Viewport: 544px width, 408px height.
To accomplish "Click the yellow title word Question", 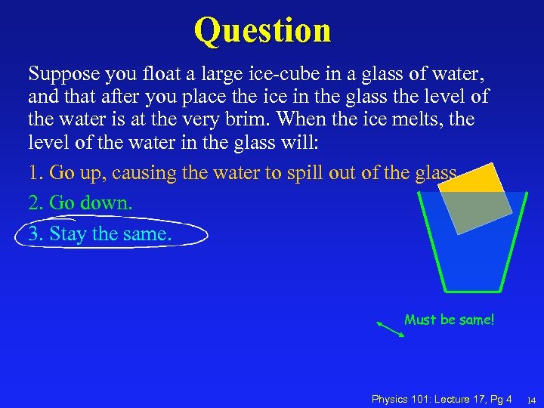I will point(262,30).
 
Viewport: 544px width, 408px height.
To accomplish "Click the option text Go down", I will point(91,203).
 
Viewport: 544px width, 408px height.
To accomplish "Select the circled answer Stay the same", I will point(110,234).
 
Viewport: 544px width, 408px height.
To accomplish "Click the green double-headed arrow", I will point(390,329).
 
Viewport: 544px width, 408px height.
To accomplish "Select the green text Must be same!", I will point(449,320).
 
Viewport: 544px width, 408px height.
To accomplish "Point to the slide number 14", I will point(531,400).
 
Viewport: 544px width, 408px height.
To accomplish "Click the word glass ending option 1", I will point(436,173).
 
